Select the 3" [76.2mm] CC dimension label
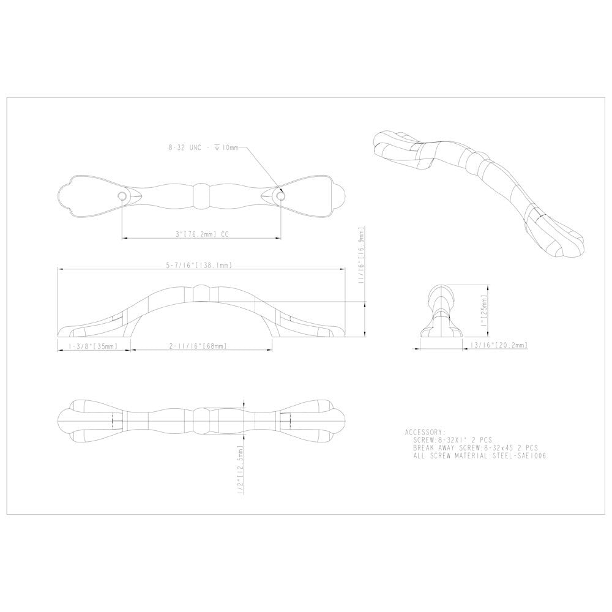click(202, 233)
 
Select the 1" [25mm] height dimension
click(483, 310)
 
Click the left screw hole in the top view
click(122, 196)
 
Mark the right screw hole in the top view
click(282, 196)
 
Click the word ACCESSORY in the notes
click(425, 431)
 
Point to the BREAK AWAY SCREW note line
click(476, 448)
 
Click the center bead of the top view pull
click(202, 196)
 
